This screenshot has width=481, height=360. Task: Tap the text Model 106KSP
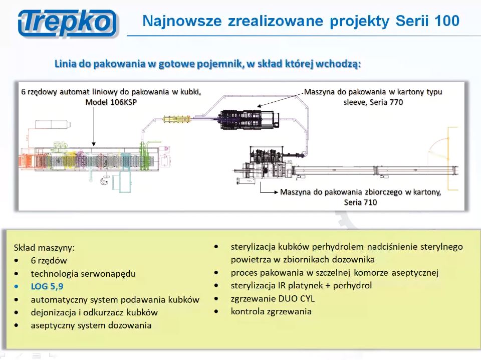111,102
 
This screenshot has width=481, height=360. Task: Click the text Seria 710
360,203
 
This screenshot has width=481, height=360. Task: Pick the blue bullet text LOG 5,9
47,286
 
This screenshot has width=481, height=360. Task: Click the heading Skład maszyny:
45,247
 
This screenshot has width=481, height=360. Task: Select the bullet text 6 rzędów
49,260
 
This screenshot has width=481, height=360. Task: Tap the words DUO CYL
298,298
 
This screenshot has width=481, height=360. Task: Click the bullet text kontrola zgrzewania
271,311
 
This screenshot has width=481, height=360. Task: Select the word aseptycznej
413,273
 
